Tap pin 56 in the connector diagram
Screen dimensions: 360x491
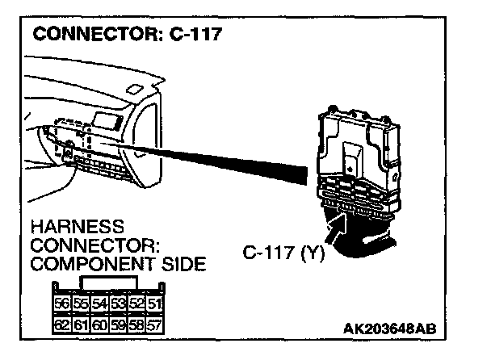coord(61,304)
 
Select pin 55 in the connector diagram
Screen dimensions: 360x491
coord(79,304)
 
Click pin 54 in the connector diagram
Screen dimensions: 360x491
coord(99,304)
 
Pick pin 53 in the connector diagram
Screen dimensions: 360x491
coord(117,304)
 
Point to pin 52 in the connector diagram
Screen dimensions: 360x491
coord(136,304)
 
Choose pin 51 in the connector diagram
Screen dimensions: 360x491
coord(153,304)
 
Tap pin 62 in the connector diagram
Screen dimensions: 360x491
coord(61,327)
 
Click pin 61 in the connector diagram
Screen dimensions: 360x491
coord(79,327)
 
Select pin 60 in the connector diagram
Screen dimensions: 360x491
coord(99,327)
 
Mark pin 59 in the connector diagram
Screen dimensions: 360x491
coord(117,327)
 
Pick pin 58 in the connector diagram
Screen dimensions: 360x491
coord(136,327)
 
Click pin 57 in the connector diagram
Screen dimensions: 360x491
coord(153,327)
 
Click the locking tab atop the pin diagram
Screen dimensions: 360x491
coord(108,283)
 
